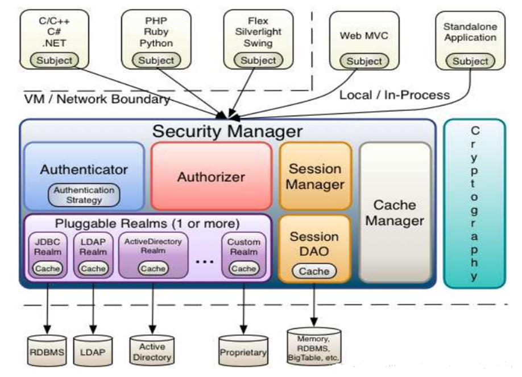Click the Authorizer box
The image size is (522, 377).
(211, 177)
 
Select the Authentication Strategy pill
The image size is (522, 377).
(84, 195)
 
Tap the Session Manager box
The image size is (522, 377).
(315, 177)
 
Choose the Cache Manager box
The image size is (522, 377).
(395, 212)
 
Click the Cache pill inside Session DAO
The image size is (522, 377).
(314, 271)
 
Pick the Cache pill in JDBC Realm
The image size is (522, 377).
(47, 268)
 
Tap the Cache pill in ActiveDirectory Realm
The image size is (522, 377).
(153, 268)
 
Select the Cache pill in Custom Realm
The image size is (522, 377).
(244, 268)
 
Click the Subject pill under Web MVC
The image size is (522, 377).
(364, 62)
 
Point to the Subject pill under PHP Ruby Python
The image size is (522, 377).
(156, 60)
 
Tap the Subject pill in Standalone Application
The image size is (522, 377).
(470, 62)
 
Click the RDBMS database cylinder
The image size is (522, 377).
(47, 351)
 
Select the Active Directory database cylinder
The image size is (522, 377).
(152, 351)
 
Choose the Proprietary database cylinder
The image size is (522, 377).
(243, 351)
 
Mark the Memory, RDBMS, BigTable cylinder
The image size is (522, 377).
(314, 347)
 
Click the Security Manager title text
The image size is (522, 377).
(227, 131)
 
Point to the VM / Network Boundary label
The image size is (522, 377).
(97, 99)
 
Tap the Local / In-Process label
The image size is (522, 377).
(395, 95)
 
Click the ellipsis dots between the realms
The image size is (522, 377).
(204, 261)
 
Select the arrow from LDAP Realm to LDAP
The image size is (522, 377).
(93, 309)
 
